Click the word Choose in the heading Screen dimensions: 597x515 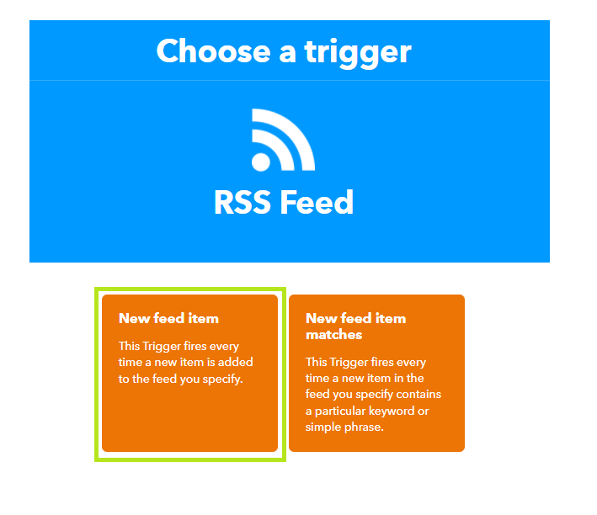pyautogui.click(x=214, y=51)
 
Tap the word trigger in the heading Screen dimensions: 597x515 pyautogui.click(x=358, y=53)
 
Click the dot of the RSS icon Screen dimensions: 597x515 pyautogui.click(x=261, y=162)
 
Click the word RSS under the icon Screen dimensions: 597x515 pyautogui.click(x=243, y=202)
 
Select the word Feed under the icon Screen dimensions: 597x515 pyautogui.click(x=317, y=202)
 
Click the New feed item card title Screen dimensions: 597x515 pyautogui.click(x=168, y=318)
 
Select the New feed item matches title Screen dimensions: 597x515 pyautogui.click(x=355, y=327)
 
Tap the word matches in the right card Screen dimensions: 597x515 pyautogui.click(x=334, y=335)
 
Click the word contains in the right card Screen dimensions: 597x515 pyautogui.click(x=418, y=394)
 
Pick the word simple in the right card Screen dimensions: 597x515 pyautogui.click(x=322, y=427)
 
